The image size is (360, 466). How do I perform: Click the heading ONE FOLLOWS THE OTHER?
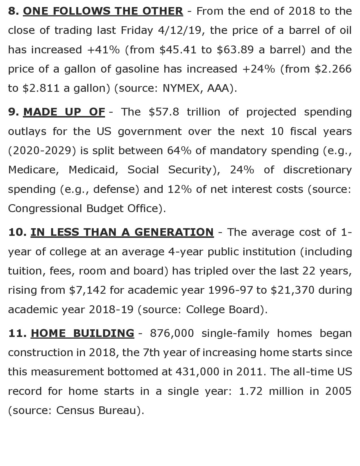click(x=103, y=11)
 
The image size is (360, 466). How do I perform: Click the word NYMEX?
click(x=181, y=88)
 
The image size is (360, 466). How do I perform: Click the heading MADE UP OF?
click(x=64, y=112)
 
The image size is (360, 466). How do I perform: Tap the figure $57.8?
click(x=164, y=112)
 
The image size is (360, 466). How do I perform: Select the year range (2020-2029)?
click(x=42, y=151)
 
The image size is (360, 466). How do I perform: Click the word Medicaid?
click(x=93, y=170)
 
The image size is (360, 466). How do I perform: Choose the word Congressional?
click(x=45, y=208)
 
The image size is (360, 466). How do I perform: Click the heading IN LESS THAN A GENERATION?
click(x=122, y=232)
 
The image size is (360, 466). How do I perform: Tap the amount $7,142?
click(x=88, y=290)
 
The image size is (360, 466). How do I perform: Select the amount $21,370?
click(x=292, y=290)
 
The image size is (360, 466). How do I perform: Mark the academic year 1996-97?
click(x=230, y=290)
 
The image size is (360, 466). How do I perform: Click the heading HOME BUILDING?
click(x=82, y=333)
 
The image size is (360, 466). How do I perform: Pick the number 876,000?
click(x=172, y=333)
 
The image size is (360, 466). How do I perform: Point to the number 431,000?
click(x=197, y=372)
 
